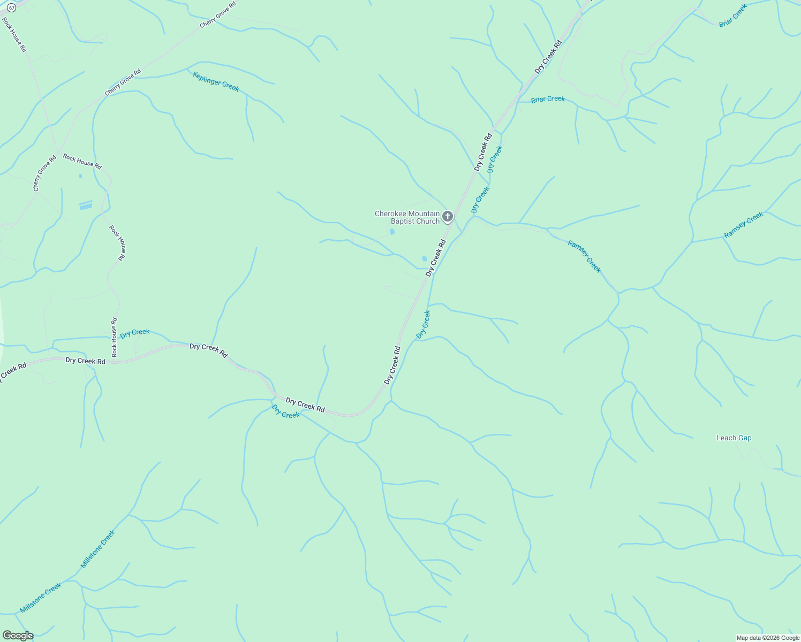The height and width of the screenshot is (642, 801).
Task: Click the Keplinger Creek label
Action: click(216, 81)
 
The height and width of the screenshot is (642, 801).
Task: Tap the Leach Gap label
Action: click(734, 438)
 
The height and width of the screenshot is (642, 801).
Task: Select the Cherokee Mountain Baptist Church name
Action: click(407, 217)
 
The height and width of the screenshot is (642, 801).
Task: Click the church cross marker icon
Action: click(448, 217)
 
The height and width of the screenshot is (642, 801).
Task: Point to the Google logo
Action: click(17, 636)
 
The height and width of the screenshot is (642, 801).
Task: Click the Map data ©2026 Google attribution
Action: click(768, 638)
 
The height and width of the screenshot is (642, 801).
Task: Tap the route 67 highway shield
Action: click(12, 7)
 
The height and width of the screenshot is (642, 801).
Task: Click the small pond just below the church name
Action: click(392, 232)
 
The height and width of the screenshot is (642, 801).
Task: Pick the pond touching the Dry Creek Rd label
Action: click(425, 258)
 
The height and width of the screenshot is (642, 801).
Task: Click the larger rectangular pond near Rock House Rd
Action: click(86, 205)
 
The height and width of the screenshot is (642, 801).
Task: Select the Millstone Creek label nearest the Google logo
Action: click(41, 598)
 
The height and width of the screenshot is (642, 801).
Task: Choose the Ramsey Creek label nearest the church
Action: click(584, 257)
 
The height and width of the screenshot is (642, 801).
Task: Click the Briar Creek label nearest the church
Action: click(548, 99)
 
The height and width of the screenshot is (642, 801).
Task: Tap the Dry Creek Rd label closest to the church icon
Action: click(436, 258)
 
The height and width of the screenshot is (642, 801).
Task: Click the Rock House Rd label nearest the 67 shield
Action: click(14, 35)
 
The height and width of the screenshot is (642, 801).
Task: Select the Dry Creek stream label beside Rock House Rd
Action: click(135, 333)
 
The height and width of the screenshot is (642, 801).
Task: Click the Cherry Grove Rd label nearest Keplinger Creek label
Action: click(123, 82)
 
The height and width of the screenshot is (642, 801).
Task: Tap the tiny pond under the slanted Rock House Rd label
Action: click(80, 175)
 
